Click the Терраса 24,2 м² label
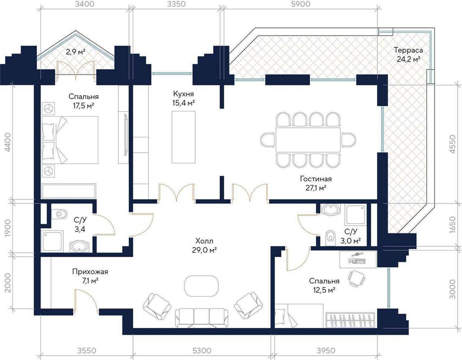(x=408, y=54)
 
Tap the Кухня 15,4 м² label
(x=183, y=98)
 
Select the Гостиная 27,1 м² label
(x=316, y=183)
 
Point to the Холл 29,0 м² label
(x=204, y=246)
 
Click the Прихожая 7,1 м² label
(x=90, y=276)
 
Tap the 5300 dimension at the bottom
(x=202, y=351)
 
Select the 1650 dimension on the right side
(x=453, y=225)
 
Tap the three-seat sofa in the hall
(x=202, y=318)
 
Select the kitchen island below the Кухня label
(x=184, y=137)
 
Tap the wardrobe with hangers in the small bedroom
(x=351, y=320)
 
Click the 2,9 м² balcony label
(x=75, y=52)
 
